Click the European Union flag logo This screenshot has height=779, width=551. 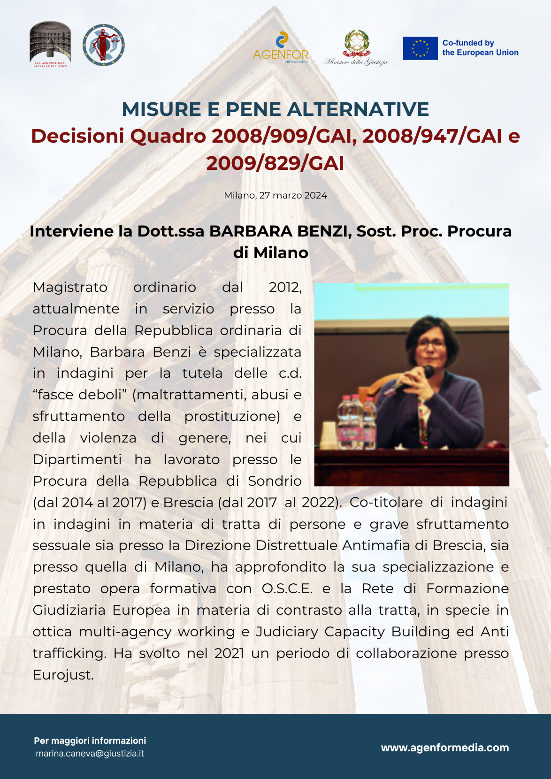point(420,48)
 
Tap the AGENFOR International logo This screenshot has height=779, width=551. point(281,47)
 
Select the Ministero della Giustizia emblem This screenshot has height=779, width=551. point(356,47)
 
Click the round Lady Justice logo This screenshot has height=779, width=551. point(104,45)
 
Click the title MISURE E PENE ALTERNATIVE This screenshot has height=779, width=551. point(275,109)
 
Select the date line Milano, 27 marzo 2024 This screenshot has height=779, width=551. point(275,195)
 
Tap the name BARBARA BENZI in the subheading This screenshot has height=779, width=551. point(280,231)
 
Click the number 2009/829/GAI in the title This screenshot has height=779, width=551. point(275,163)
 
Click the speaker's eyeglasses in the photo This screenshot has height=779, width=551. point(430,343)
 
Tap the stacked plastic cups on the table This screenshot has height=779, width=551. point(328,435)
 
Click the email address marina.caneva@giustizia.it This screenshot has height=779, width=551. point(90,754)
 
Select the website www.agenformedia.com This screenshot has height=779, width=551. point(444,748)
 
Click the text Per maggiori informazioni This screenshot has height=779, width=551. point(90,741)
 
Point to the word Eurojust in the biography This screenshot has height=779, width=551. point(63,675)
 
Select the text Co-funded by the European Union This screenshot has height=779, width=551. point(480,48)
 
